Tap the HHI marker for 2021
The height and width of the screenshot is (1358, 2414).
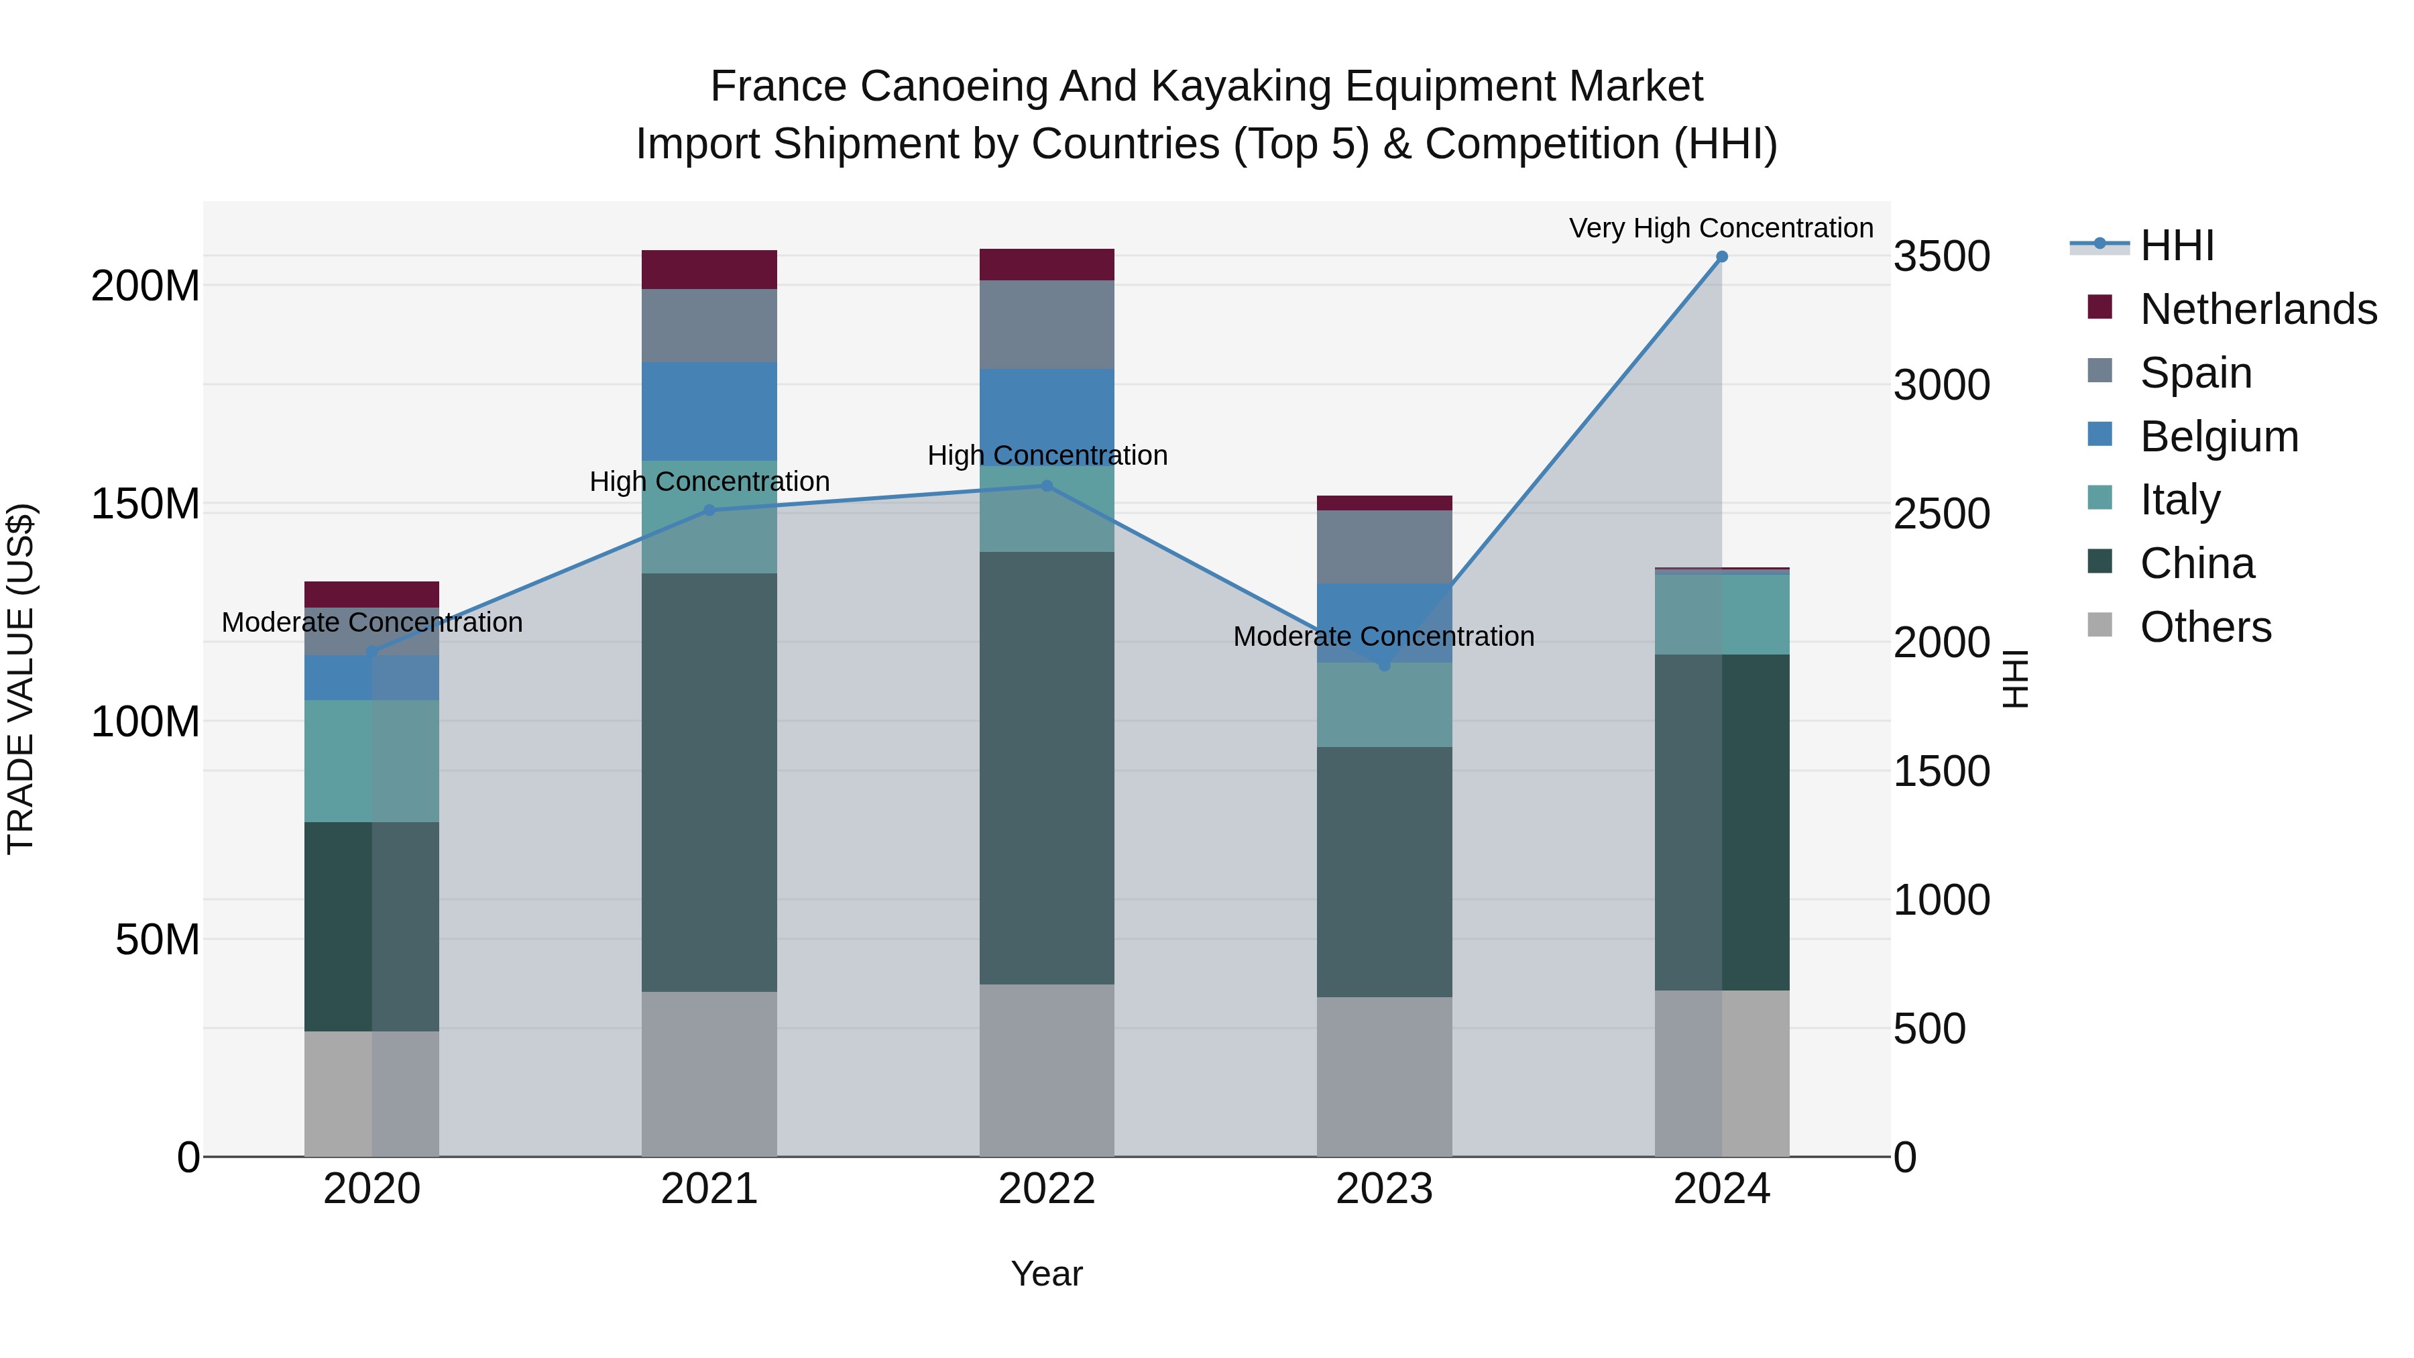[x=709, y=511]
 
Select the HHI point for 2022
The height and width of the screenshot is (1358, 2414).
[x=1047, y=486]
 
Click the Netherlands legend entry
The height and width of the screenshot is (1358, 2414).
[x=2258, y=309]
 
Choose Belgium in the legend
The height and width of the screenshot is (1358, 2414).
[x=2218, y=437]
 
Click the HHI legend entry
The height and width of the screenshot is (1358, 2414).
[x=2176, y=245]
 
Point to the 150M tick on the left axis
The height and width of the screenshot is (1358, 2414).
[x=146, y=504]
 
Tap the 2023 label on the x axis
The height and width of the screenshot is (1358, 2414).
[x=1384, y=1189]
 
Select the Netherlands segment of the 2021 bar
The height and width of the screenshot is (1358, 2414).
[x=709, y=270]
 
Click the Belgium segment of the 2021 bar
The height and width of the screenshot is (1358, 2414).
[x=709, y=412]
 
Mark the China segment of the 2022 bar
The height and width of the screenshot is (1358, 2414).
[x=1047, y=768]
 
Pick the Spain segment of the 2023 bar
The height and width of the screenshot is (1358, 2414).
[x=1384, y=547]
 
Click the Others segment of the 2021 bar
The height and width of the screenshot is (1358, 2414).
[x=709, y=1074]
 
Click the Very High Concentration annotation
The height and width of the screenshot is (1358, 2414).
[x=1721, y=229]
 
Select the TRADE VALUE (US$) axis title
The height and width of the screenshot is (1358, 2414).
[x=21, y=679]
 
